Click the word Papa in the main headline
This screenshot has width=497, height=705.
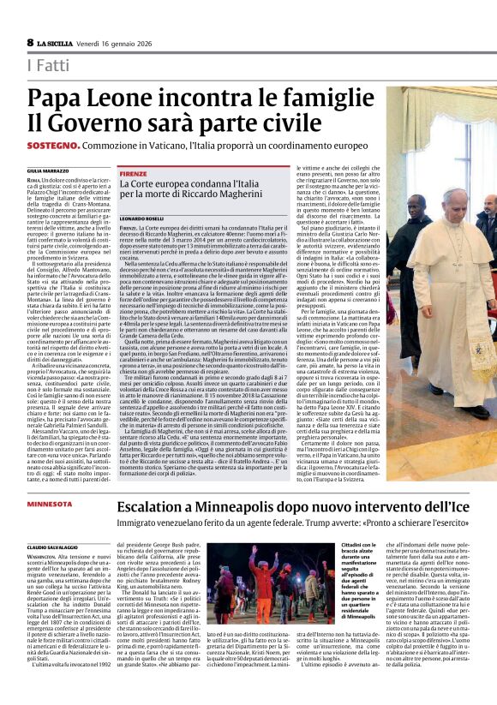pyautogui.click(x=56, y=97)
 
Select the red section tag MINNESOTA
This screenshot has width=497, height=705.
pyautogui.click(x=50, y=504)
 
